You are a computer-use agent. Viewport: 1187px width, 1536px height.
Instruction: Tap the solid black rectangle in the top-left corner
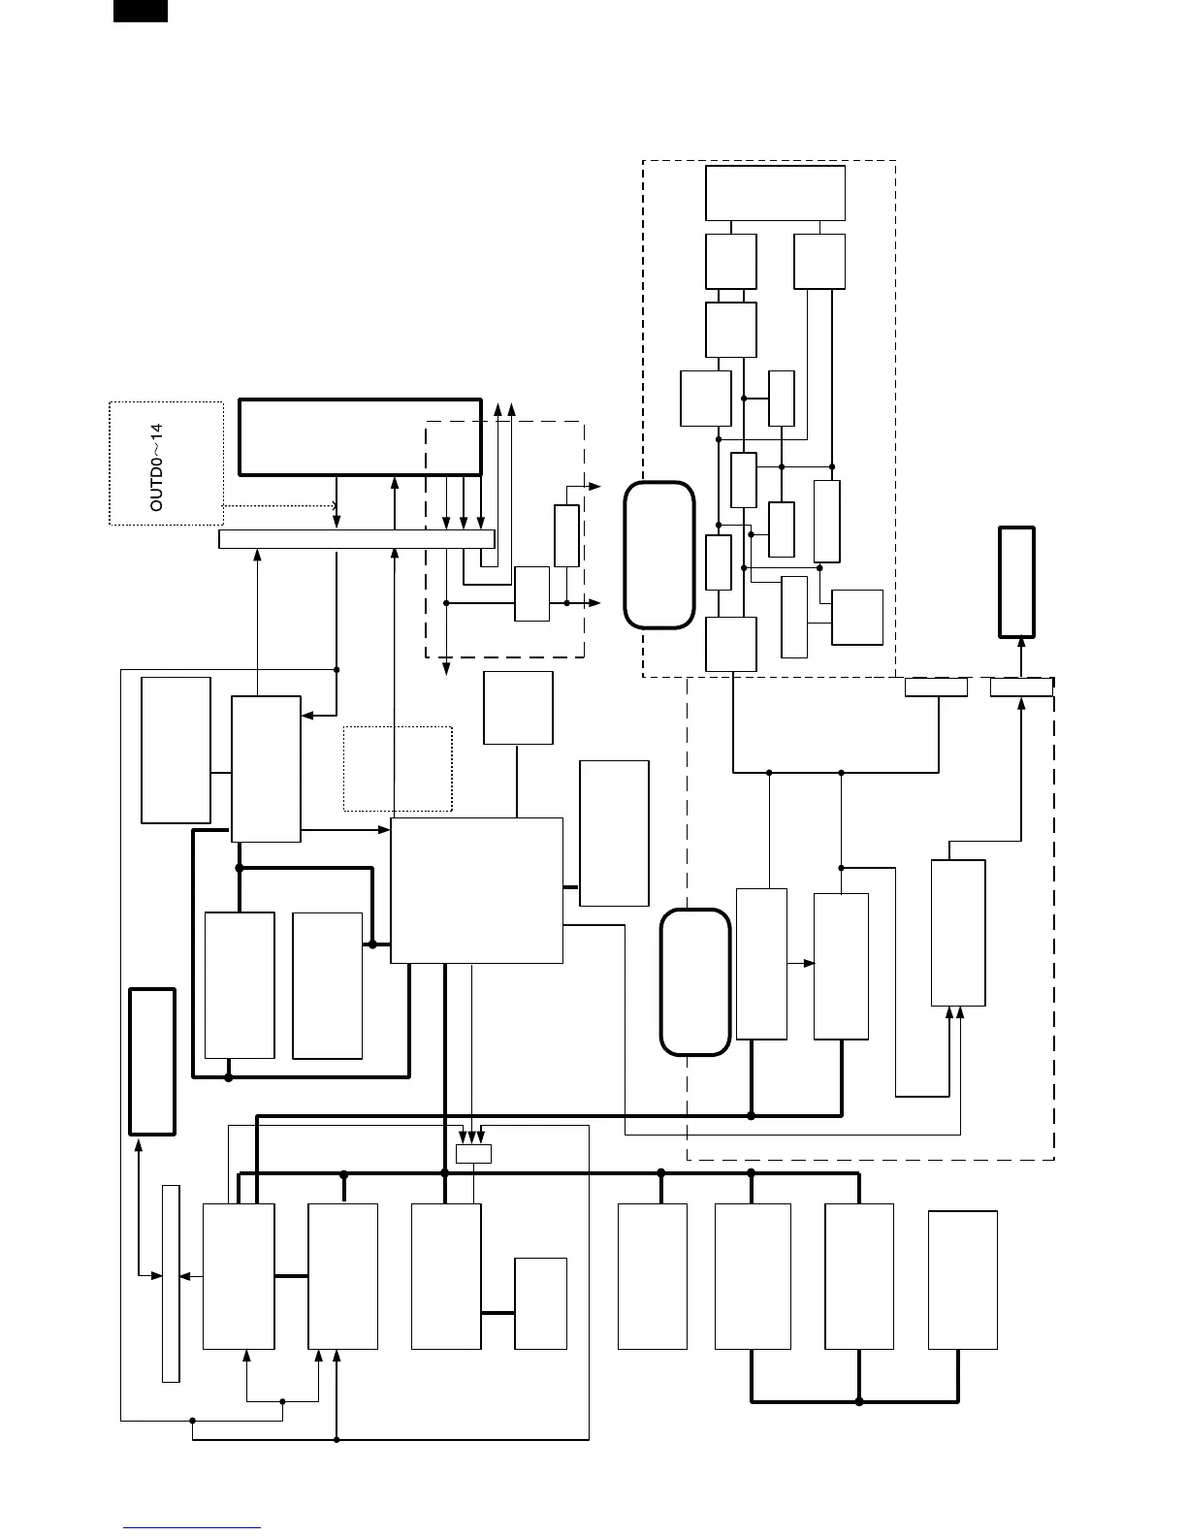[141, 11]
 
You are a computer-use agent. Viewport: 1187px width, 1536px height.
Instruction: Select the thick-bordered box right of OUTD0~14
[360, 436]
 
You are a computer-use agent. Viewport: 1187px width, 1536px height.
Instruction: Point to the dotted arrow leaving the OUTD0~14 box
[279, 505]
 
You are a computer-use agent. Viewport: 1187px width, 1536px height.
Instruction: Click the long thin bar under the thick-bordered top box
[357, 539]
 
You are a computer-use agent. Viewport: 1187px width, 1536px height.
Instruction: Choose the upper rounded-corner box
[659, 555]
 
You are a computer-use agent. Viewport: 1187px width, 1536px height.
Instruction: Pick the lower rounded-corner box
[694, 981]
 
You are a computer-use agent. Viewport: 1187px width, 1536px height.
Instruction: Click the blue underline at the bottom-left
[192, 1528]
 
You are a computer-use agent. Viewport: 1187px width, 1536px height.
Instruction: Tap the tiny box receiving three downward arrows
[473, 1154]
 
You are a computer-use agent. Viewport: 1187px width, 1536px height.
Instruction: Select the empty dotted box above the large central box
[398, 768]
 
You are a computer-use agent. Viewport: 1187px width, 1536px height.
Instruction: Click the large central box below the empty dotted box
[476, 890]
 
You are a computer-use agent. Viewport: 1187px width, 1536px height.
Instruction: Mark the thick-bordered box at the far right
[1017, 582]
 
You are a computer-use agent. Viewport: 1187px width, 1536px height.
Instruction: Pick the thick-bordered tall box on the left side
[152, 1061]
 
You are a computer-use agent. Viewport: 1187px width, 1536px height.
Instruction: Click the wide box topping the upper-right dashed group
[775, 193]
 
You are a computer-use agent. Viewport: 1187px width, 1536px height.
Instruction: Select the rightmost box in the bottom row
[963, 1279]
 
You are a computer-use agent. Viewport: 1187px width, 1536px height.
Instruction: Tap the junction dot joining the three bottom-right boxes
[859, 1401]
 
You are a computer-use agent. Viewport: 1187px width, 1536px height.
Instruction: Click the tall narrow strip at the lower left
[171, 1282]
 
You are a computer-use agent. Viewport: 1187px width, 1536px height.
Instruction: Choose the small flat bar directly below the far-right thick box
[1021, 688]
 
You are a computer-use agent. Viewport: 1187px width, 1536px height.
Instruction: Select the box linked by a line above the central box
[518, 708]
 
